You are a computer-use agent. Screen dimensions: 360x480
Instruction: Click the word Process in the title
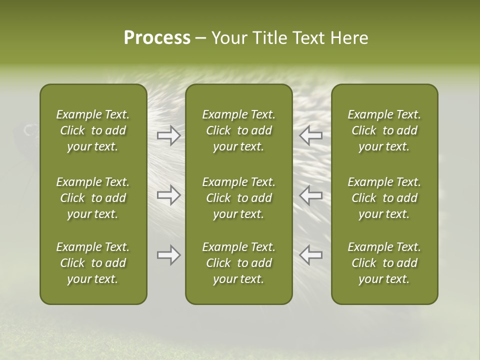coord(157,38)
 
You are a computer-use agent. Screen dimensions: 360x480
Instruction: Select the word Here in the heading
coord(350,38)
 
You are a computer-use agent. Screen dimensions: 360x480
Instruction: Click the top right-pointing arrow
coord(168,135)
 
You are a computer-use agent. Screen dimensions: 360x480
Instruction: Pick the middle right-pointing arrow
coord(168,195)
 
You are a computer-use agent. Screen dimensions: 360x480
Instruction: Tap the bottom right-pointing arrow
coord(168,255)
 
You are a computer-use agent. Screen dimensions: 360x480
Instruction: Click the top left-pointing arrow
coord(311,135)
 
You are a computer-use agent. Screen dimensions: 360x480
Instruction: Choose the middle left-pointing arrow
coord(311,195)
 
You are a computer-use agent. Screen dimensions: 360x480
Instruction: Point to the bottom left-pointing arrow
coord(311,255)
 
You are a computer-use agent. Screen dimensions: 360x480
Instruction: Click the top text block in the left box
coord(93,130)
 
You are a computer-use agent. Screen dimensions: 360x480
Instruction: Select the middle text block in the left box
coord(93,198)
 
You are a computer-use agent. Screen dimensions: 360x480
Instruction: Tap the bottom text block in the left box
coord(93,263)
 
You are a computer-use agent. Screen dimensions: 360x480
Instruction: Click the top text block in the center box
coord(239,130)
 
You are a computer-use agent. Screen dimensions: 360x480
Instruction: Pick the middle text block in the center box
coord(239,198)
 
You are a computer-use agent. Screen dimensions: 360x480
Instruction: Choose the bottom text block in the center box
coord(239,263)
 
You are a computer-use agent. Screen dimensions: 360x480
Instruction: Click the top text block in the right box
coord(384,130)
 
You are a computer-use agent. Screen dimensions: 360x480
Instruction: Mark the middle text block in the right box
coord(384,198)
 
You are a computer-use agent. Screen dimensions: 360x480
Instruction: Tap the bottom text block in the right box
coord(384,263)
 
